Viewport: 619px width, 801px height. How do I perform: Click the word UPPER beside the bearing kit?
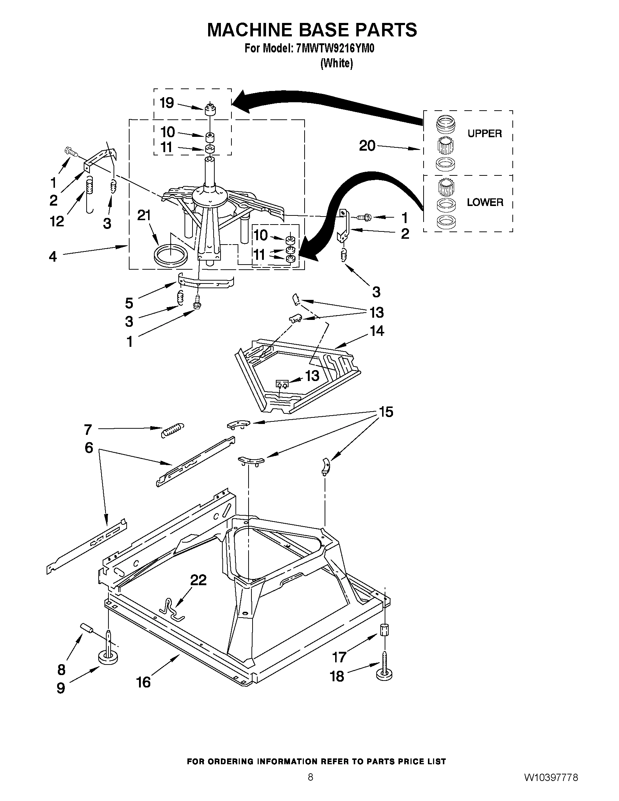tap(484, 134)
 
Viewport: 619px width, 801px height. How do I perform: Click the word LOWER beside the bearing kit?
tap(485, 202)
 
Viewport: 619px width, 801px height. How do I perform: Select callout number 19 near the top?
tap(167, 103)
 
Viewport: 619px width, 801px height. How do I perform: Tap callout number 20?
tap(367, 146)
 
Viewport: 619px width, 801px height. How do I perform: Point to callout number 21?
tap(144, 215)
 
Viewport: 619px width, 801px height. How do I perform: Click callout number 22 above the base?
tap(198, 580)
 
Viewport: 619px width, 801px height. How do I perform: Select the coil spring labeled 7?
tap(173, 429)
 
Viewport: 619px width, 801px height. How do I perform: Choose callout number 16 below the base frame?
tap(143, 682)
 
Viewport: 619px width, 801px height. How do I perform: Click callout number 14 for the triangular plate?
tap(377, 331)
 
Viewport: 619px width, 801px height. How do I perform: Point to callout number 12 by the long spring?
tap(57, 221)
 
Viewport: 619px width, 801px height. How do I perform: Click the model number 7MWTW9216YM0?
tap(334, 49)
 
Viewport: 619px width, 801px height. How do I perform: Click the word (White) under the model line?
tap(337, 63)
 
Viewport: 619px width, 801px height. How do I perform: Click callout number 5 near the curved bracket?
tap(129, 303)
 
